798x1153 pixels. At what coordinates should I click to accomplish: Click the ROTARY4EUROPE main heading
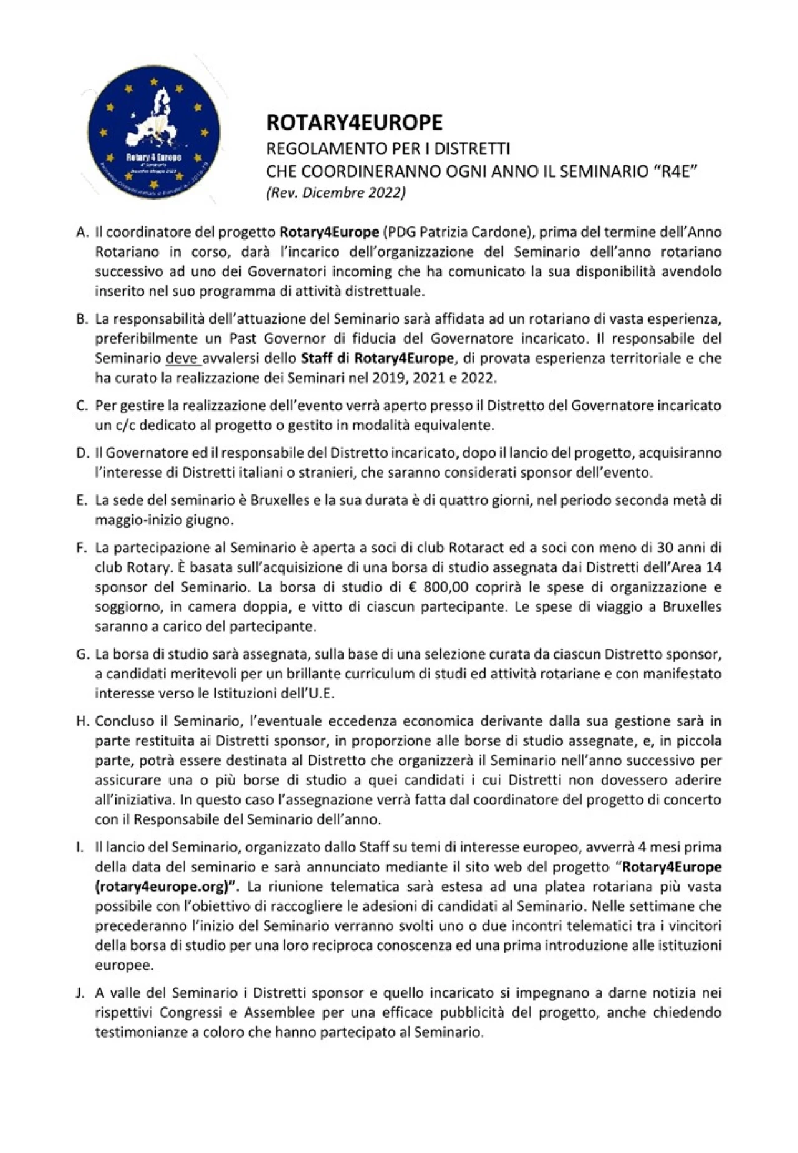pyautogui.click(x=354, y=122)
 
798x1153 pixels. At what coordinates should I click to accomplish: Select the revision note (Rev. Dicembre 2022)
pyautogui.click(x=336, y=193)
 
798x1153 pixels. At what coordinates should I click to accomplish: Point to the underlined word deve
pyautogui.click(x=181, y=359)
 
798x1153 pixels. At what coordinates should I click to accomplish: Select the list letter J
pyautogui.click(x=80, y=992)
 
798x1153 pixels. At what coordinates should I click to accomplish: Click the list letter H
pyautogui.click(x=82, y=721)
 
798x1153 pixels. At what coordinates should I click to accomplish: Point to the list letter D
pyautogui.click(x=82, y=453)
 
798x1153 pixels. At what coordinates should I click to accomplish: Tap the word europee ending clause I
pyautogui.click(x=123, y=965)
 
